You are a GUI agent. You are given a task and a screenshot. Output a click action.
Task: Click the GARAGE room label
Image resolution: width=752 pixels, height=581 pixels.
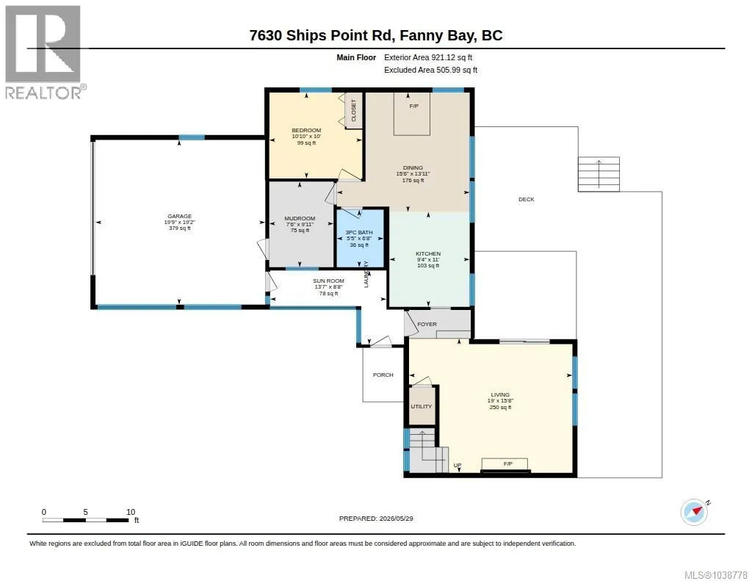(179, 217)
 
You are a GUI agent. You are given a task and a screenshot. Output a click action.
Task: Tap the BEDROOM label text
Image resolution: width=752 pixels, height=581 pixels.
(306, 131)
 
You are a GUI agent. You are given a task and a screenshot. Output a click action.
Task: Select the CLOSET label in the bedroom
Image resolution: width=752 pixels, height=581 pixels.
(354, 110)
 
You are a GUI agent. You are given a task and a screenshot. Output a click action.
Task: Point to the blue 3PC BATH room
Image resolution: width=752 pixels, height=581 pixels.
(360, 239)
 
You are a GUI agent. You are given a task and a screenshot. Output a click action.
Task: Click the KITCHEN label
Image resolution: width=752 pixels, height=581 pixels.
(428, 254)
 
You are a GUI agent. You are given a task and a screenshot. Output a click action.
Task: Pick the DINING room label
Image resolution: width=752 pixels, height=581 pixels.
(413, 168)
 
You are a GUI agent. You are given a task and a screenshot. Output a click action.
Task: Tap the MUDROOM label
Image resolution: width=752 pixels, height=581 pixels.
(300, 218)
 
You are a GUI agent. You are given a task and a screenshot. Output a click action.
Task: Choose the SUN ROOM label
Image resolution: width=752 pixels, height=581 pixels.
(328, 281)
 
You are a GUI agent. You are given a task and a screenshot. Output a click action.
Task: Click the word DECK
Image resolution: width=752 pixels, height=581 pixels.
(526, 199)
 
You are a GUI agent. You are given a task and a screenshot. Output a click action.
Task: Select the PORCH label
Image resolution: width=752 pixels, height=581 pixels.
(383, 375)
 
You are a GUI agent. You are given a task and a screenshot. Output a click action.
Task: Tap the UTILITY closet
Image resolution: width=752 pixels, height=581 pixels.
(422, 406)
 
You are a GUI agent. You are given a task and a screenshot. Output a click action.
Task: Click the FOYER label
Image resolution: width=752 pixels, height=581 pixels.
(427, 325)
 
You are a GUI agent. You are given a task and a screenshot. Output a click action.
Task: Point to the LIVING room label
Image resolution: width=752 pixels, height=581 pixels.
(500, 395)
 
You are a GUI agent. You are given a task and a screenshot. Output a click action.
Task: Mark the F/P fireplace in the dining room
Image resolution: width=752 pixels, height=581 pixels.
(412, 114)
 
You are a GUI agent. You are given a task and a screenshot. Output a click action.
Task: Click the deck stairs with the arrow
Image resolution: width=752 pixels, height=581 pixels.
(599, 174)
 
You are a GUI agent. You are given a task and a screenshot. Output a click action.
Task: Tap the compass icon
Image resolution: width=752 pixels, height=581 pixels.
(695, 512)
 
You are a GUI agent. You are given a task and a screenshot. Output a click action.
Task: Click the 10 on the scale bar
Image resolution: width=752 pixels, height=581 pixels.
(131, 512)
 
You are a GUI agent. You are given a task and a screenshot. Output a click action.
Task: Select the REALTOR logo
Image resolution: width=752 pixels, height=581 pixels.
(45, 53)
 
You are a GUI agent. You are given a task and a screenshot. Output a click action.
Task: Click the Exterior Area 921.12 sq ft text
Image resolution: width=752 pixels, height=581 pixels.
(428, 57)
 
